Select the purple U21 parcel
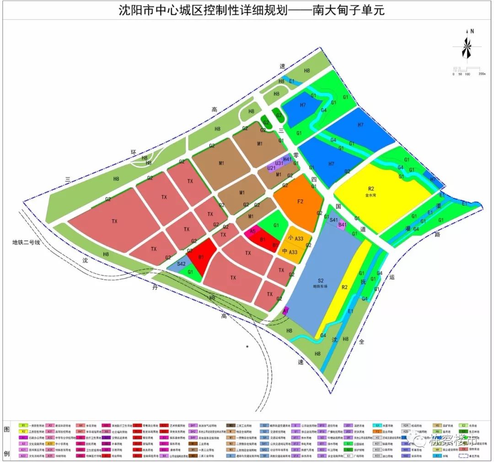[x=272, y=168]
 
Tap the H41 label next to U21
[x=287, y=159]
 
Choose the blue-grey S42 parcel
[x=181, y=264]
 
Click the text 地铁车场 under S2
[x=321, y=287]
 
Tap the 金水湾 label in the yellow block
[x=370, y=195]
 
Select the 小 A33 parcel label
[x=296, y=238]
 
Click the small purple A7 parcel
[x=286, y=311]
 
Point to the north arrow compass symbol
[x=467, y=46]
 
